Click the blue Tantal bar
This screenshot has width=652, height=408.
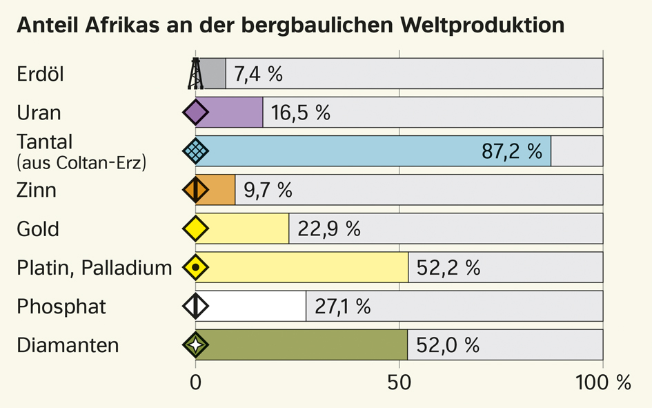(373, 150)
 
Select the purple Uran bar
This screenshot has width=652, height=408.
(229, 113)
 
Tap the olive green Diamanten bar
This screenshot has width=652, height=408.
(302, 344)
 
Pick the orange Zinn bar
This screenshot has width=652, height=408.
(215, 190)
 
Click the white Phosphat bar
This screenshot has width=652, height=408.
(250, 306)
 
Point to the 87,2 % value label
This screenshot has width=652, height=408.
(512, 151)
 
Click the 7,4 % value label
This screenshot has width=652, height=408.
(258, 74)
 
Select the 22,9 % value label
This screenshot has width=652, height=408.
(329, 229)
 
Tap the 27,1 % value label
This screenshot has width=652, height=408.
(343, 307)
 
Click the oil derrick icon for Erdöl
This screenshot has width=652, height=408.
(195, 74)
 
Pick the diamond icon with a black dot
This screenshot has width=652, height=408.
(195, 267)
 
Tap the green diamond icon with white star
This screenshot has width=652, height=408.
(195, 344)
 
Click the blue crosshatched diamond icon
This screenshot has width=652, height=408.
(195, 150)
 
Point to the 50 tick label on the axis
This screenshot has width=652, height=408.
(399, 382)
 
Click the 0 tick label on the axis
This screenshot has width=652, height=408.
(195, 382)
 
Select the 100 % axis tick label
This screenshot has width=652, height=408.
(603, 382)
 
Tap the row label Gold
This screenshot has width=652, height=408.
(38, 229)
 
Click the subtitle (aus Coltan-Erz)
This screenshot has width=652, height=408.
(81, 163)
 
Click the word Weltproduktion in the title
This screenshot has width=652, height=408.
(482, 26)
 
